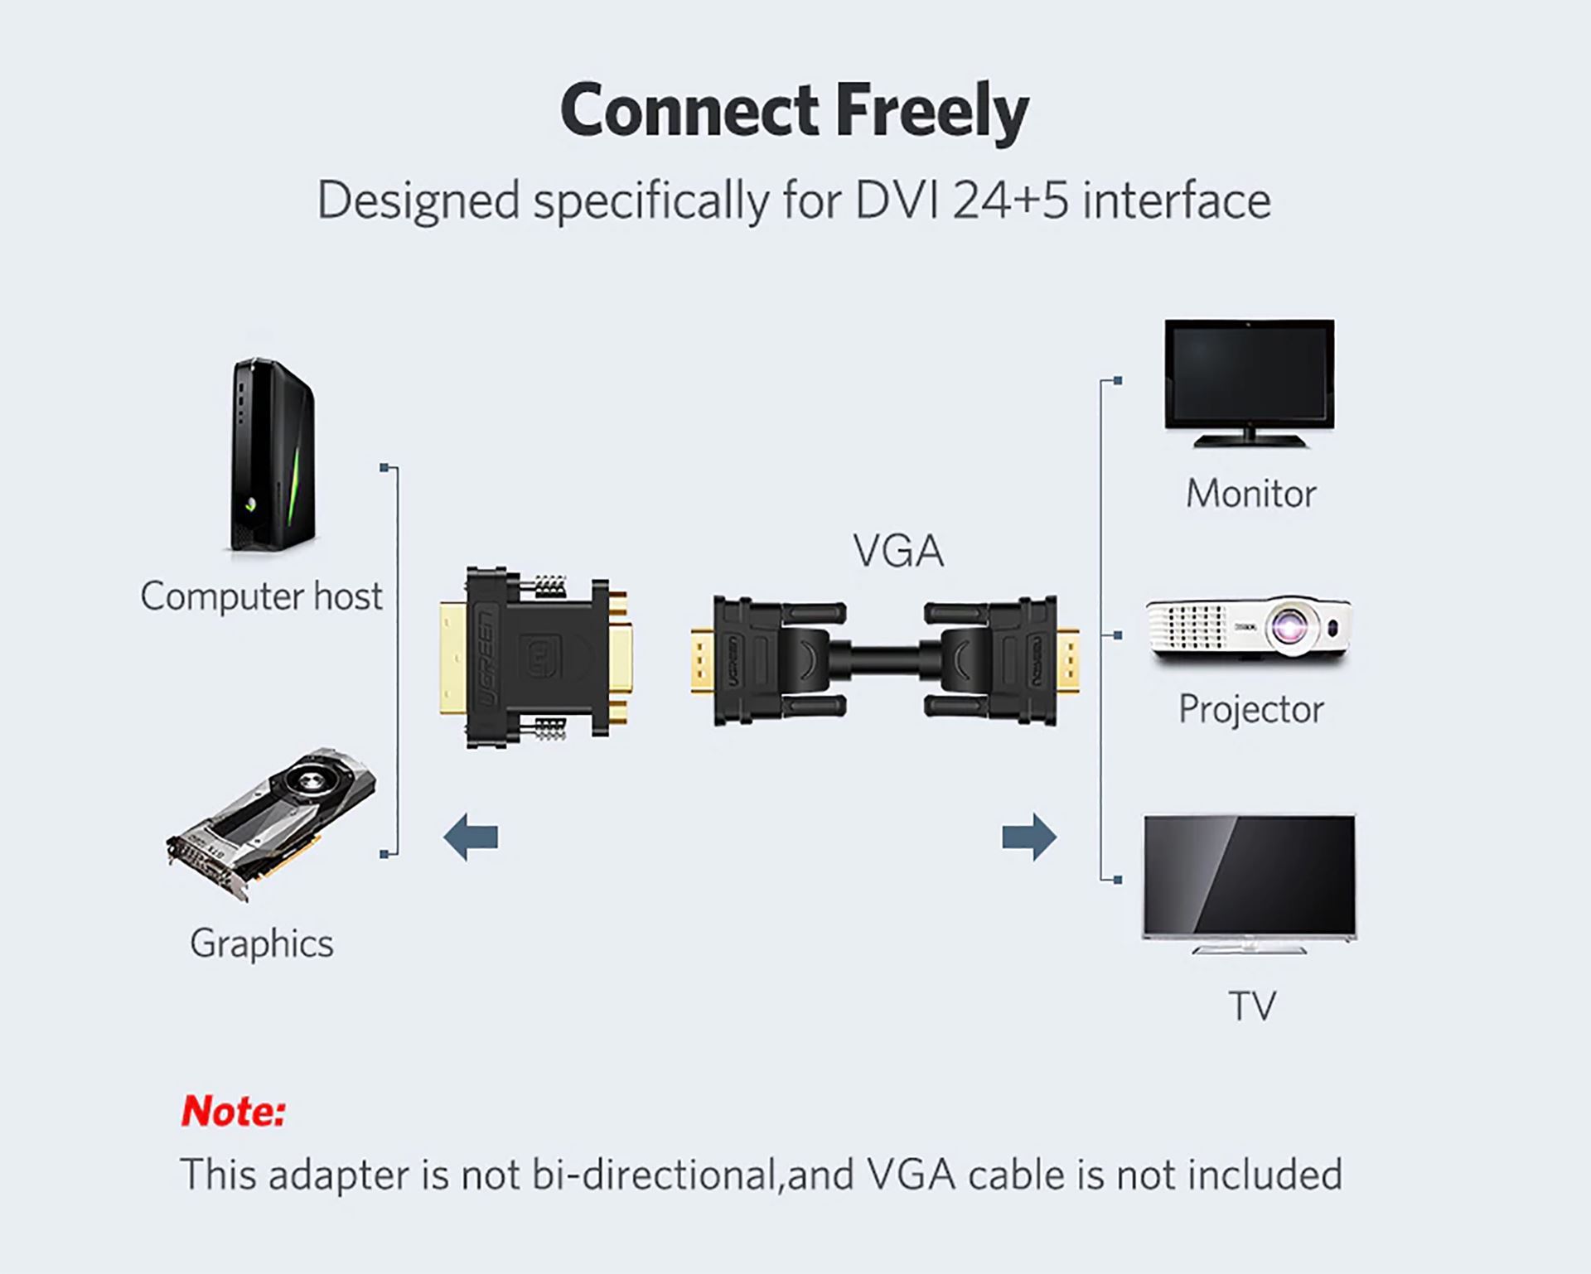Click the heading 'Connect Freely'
pos(794,112)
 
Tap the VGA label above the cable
pos(898,552)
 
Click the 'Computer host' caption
pos(261,596)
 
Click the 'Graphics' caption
pos(261,943)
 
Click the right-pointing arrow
pos(1029,837)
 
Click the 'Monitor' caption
pos(1250,494)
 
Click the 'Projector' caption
pos(1250,709)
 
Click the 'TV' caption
pos(1251,1006)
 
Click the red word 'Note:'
pos(234,1111)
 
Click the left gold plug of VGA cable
pos(702,662)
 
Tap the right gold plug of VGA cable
pos(1069,662)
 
